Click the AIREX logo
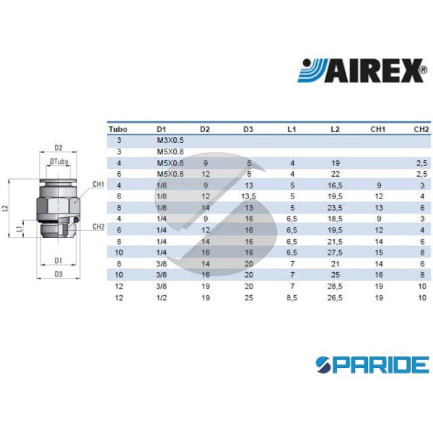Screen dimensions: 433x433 coord(362,71)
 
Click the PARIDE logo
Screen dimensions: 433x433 coord(372,364)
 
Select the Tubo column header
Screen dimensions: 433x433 coord(118,129)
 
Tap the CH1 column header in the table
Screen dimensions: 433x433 coord(377,129)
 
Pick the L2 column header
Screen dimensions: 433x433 coord(335,129)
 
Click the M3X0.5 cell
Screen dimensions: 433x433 coord(170,140)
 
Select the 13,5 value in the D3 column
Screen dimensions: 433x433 coord(248,196)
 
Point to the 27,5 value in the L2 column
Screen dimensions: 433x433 coord(335,253)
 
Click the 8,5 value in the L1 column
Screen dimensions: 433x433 coord(292,297)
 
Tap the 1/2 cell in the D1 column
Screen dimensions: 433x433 coord(162,297)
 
